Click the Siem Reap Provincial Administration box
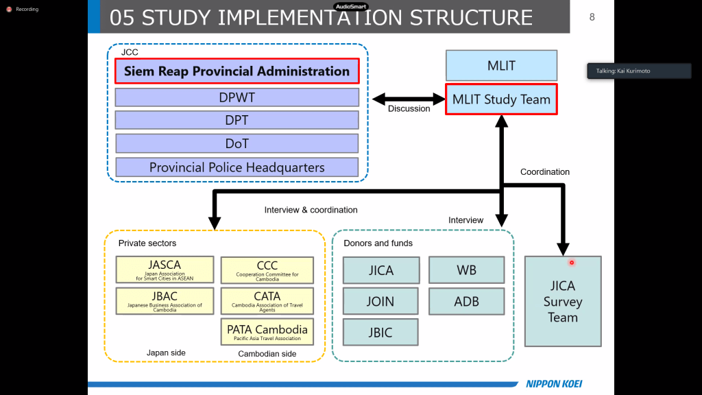click(x=237, y=71)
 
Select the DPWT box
click(x=237, y=97)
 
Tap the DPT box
click(x=237, y=120)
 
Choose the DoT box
click(x=237, y=143)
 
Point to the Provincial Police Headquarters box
click(x=237, y=167)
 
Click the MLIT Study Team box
click(x=501, y=99)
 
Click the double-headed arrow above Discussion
click(x=409, y=99)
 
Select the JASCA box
click(x=164, y=270)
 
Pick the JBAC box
click(x=164, y=300)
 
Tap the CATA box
click(x=267, y=300)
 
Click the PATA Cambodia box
click(x=267, y=332)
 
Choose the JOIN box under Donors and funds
click(x=380, y=301)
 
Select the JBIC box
click(x=380, y=332)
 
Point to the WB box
click(x=466, y=270)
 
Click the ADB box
click(x=466, y=301)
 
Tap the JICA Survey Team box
click(x=562, y=301)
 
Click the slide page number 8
click(x=592, y=17)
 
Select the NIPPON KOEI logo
click(x=554, y=384)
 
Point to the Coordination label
click(x=545, y=172)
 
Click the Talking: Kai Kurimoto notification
click(x=639, y=71)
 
